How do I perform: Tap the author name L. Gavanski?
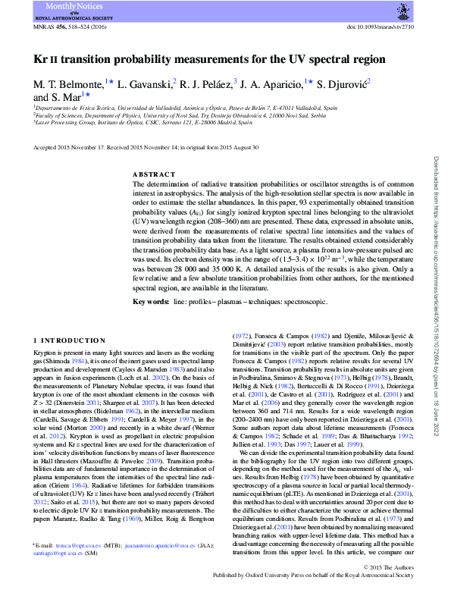146,83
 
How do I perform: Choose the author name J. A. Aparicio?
272,83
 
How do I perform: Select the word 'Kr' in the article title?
40,59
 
